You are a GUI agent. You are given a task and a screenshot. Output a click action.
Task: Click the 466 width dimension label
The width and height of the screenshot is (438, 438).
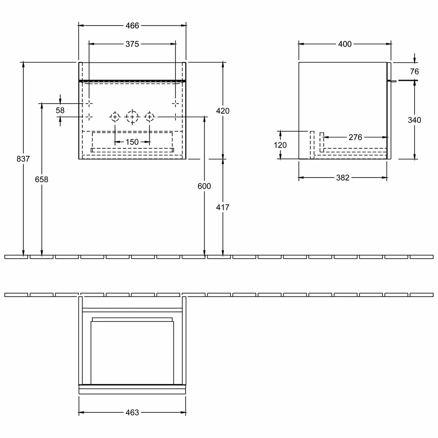click(132, 26)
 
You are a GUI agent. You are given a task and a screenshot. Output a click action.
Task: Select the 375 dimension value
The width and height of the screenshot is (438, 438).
click(132, 44)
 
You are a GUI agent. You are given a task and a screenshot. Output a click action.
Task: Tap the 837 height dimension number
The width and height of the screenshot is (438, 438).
click(23, 159)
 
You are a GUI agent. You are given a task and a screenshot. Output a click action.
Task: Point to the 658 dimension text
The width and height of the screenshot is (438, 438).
click(41, 179)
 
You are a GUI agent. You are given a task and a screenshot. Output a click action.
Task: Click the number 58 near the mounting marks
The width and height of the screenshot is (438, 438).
click(60, 110)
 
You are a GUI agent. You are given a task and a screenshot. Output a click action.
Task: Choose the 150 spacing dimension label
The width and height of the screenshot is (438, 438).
click(132, 142)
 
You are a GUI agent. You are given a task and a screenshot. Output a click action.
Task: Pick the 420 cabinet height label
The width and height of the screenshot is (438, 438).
click(223, 111)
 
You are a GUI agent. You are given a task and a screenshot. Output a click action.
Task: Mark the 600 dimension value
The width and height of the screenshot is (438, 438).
click(204, 186)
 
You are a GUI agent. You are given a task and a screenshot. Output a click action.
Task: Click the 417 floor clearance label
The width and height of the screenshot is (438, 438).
click(223, 207)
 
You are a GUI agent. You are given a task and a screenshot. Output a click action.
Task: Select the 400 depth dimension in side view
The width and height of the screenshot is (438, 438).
click(345, 44)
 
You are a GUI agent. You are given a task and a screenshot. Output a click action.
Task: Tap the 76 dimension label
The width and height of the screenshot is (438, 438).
click(414, 72)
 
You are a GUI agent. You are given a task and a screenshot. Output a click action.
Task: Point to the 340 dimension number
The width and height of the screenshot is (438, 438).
click(414, 120)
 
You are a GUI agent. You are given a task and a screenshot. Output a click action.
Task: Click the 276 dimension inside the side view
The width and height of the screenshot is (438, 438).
click(355, 137)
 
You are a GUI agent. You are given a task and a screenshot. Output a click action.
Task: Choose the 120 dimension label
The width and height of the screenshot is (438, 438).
click(280, 145)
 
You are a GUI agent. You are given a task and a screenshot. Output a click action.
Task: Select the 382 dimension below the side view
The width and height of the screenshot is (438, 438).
click(343, 178)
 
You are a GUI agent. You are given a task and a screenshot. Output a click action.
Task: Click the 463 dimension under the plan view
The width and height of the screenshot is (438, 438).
click(132, 413)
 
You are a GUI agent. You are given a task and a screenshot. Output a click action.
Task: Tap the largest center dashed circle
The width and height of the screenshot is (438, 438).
click(132, 117)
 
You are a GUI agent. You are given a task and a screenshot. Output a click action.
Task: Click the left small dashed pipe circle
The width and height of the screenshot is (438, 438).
click(115, 117)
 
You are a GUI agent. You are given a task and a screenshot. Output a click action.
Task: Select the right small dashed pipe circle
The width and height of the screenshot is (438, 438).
click(150, 117)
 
